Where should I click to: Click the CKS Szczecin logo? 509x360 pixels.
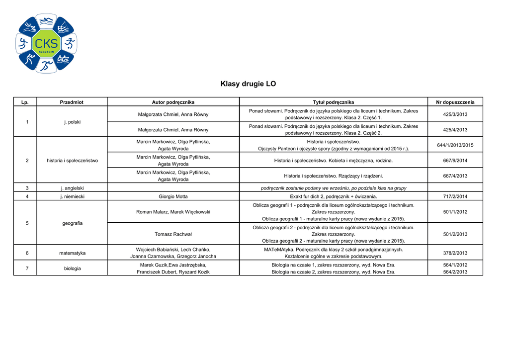pyautogui.click(x=46, y=44)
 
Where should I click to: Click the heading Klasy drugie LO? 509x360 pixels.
pyautogui.click(x=248, y=84)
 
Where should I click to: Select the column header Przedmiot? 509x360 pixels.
pyautogui.click(x=72, y=102)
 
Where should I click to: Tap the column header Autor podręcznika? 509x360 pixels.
pyautogui.click(x=173, y=102)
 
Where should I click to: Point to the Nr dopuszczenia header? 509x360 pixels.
pyautogui.click(x=455, y=102)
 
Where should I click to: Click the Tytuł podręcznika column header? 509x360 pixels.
pyautogui.click(x=334, y=102)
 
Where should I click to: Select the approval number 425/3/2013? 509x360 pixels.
pyautogui.click(x=455, y=114)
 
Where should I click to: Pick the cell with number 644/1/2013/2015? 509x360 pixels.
pyautogui.click(x=455, y=145)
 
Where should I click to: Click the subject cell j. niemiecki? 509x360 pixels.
pyautogui.click(x=72, y=196)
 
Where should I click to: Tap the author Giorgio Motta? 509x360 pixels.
pyautogui.click(x=173, y=196)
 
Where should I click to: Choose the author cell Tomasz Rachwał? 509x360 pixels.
pyautogui.click(x=173, y=234)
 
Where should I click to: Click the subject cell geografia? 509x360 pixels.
pyautogui.click(x=72, y=223)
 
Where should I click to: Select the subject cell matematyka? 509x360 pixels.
pyautogui.click(x=72, y=253)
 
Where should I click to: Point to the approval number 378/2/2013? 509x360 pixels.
pyautogui.click(x=455, y=253)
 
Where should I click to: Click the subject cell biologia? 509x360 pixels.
pyautogui.click(x=72, y=269)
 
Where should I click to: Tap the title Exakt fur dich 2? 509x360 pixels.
pyautogui.click(x=334, y=196)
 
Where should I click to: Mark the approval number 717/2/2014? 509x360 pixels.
pyautogui.click(x=455, y=196)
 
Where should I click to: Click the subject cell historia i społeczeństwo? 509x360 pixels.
pyautogui.click(x=72, y=161)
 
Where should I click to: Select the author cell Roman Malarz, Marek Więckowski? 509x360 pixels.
pyautogui.click(x=173, y=212)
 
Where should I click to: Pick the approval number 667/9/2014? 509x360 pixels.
pyautogui.click(x=455, y=161)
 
